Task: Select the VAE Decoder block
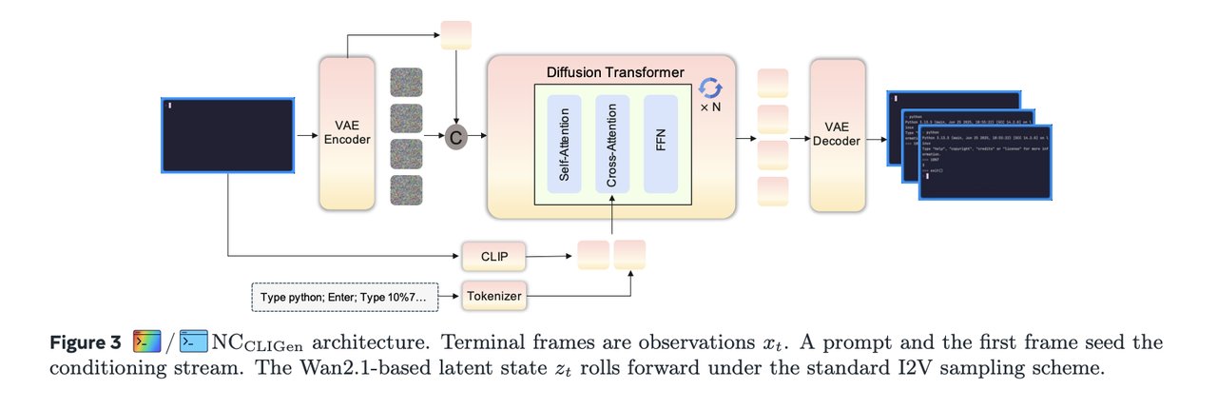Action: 838,133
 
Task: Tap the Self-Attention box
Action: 564,148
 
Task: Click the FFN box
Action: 660,148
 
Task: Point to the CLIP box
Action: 493,255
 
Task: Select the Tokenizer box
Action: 493,297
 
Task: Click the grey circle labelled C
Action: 456,137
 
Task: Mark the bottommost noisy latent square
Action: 405,191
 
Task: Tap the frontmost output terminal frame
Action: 985,162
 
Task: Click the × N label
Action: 709,107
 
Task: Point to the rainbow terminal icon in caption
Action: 146,341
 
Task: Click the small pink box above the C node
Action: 456,34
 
